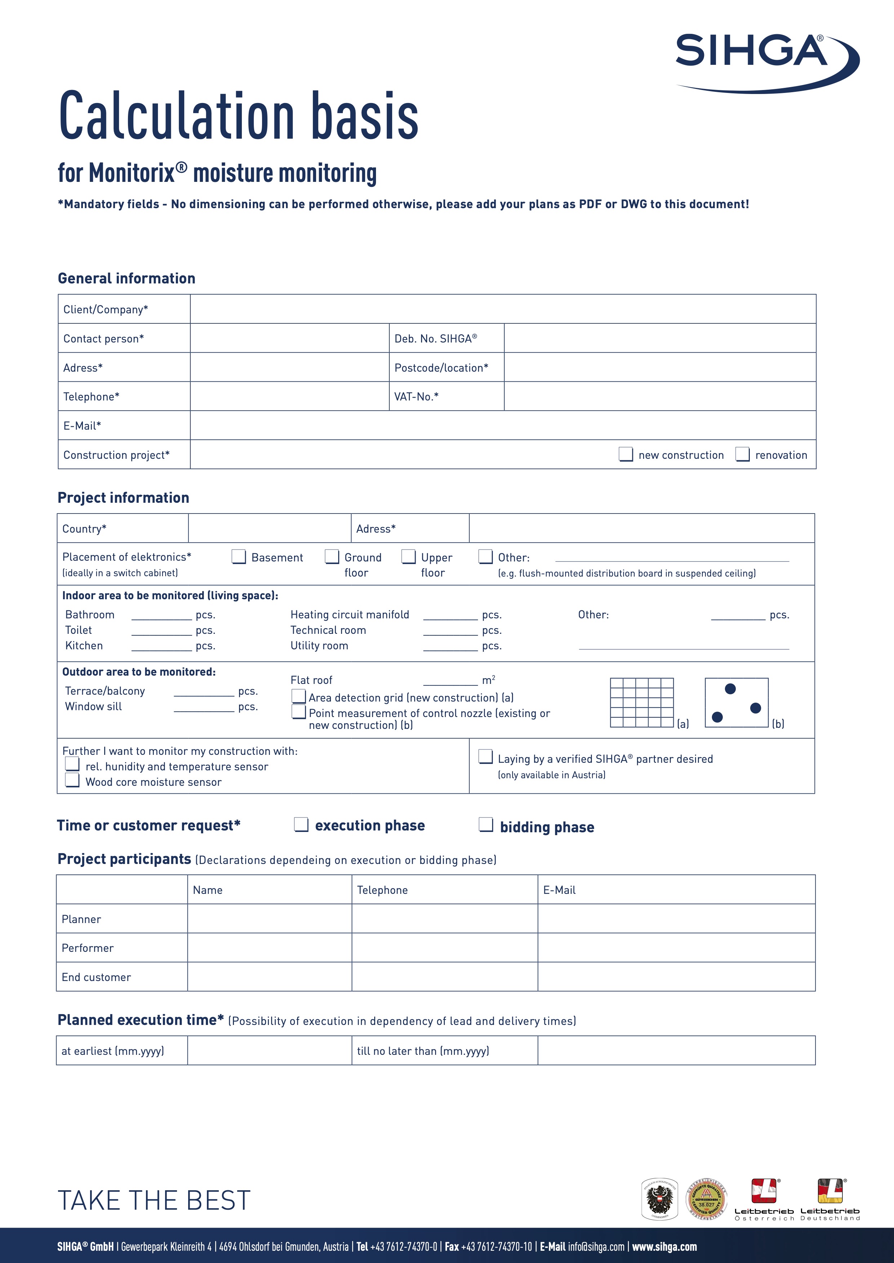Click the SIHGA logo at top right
point(766,62)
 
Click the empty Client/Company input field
point(503,309)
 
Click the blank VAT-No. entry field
point(659,396)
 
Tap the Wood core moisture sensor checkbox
point(72,780)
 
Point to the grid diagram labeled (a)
point(642,703)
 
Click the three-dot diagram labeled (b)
point(736,703)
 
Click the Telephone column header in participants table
point(382,890)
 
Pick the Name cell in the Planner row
point(269,919)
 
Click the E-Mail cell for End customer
point(676,977)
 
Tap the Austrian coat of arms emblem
point(659,1199)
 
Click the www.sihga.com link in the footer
point(664,1246)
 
